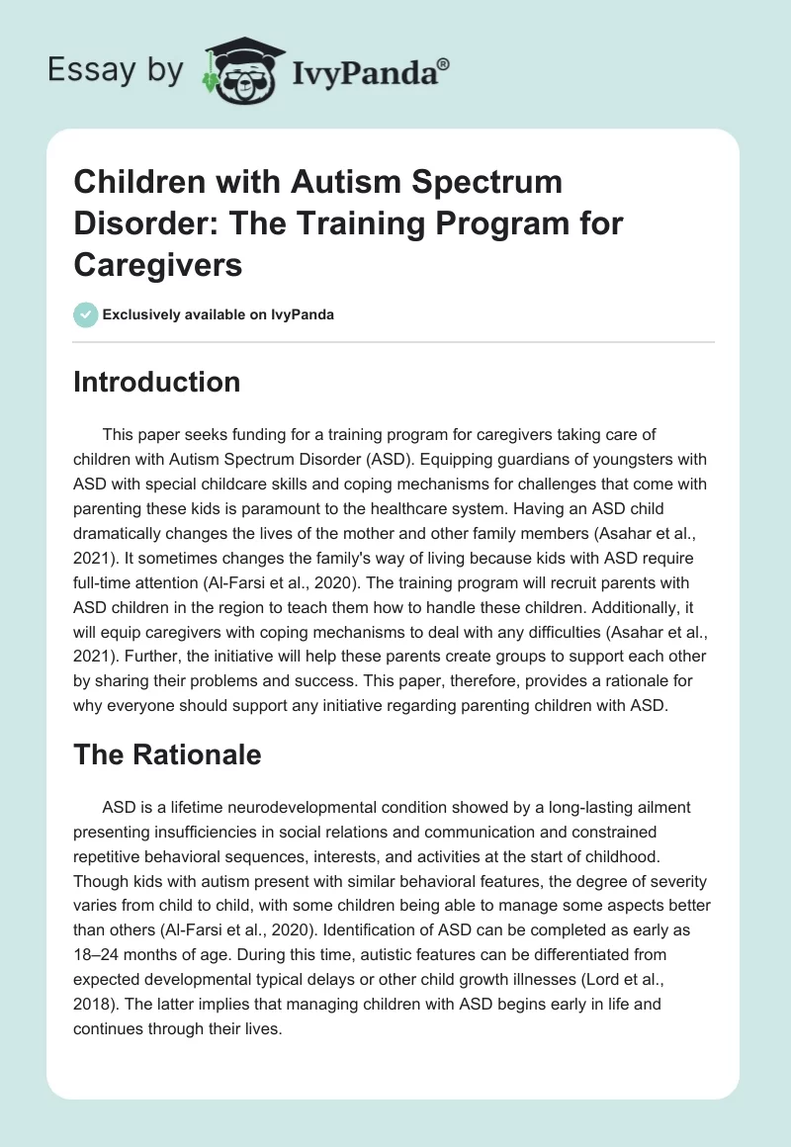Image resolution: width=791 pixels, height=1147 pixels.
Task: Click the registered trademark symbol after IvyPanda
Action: (443, 63)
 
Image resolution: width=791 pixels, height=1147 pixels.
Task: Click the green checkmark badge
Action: (85, 314)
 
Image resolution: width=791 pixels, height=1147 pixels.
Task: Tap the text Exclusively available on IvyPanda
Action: (219, 315)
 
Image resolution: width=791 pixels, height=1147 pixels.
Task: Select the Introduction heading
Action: (156, 383)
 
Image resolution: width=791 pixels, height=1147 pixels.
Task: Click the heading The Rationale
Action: (167, 754)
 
